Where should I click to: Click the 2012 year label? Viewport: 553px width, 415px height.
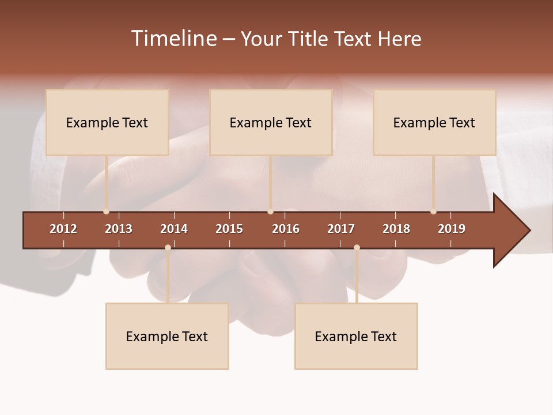(x=63, y=229)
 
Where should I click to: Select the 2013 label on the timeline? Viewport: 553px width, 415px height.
(x=119, y=229)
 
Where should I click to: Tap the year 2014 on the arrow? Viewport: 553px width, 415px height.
(x=174, y=229)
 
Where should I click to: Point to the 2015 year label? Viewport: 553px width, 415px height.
(x=229, y=229)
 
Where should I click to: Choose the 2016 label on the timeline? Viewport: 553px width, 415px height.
(x=286, y=229)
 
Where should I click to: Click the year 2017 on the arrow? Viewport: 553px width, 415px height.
(x=341, y=229)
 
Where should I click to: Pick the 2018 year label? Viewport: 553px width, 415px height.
(x=396, y=229)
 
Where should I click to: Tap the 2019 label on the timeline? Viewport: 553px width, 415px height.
(x=452, y=229)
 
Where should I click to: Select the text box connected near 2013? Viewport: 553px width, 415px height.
(x=107, y=122)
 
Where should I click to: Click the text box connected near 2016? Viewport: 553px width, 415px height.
(x=271, y=122)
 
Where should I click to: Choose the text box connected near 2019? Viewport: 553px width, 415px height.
(x=434, y=122)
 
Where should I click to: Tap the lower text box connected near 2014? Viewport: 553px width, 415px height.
(x=167, y=337)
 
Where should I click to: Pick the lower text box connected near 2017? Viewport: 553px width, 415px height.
(x=356, y=337)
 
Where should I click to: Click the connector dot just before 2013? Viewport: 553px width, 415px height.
(x=106, y=212)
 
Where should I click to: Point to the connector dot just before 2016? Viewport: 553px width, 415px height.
(x=270, y=212)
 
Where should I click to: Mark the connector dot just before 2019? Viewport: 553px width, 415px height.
(x=433, y=212)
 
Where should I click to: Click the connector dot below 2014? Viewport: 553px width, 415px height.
(x=168, y=248)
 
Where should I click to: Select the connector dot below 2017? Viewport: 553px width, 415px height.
(x=357, y=248)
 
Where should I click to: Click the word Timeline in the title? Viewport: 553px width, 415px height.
(x=174, y=39)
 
